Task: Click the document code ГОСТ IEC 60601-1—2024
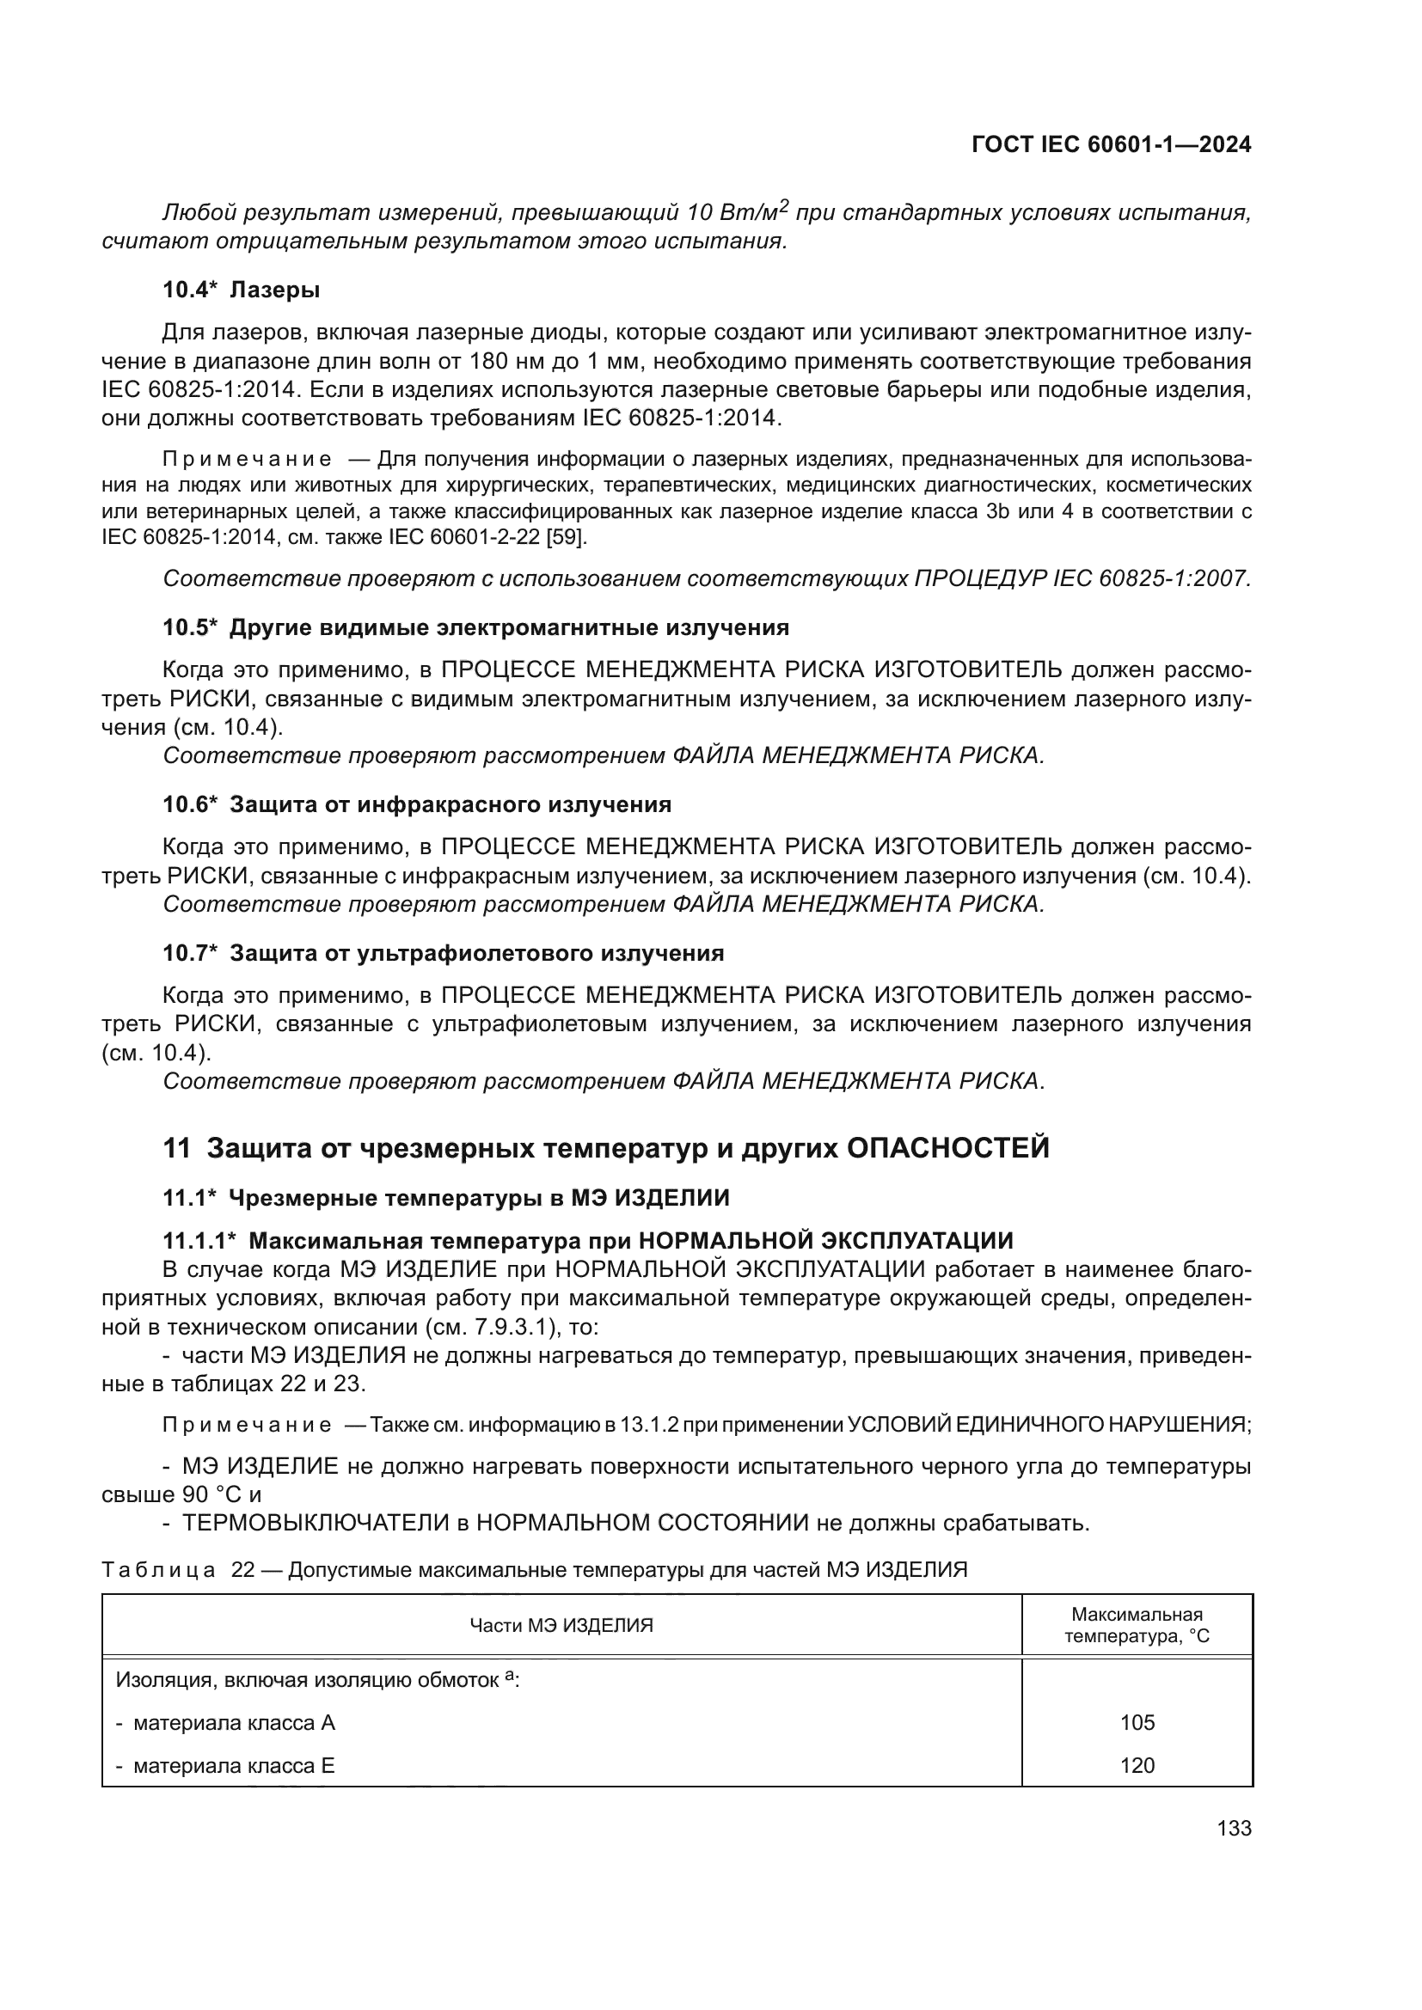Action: coord(1111,145)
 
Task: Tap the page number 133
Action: coord(1234,1829)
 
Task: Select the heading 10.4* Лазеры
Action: coord(241,290)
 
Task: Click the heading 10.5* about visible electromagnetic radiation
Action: coord(475,627)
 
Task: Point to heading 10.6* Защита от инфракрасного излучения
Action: coord(417,804)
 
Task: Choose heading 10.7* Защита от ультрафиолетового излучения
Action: coord(443,953)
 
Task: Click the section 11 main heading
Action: coord(606,1148)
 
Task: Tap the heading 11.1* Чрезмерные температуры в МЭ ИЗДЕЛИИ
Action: coord(445,1198)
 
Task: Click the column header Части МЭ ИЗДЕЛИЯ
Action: coord(561,1626)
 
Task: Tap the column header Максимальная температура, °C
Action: coord(1137,1626)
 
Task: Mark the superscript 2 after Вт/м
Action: coord(784,205)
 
